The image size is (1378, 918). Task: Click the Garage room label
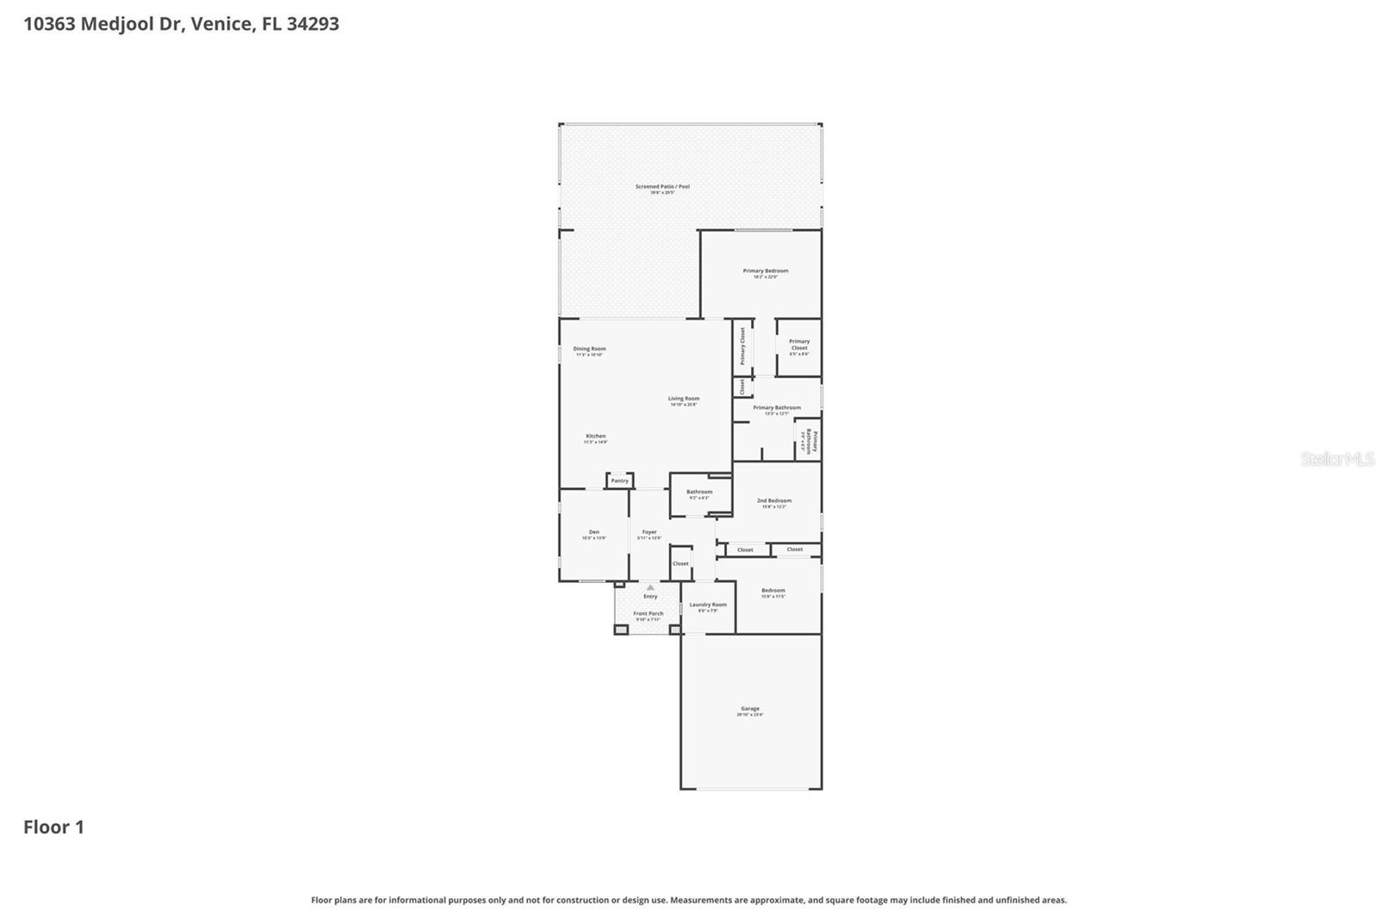pyautogui.click(x=749, y=709)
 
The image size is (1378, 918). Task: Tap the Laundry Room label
pyautogui.click(x=708, y=605)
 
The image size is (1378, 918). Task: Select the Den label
pyautogui.click(x=594, y=532)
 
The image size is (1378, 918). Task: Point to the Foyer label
pyautogui.click(x=649, y=532)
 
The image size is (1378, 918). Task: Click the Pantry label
pyautogui.click(x=620, y=481)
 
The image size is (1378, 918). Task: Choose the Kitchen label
pyautogui.click(x=596, y=437)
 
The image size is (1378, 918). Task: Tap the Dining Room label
pyautogui.click(x=590, y=349)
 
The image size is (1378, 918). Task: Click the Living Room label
pyautogui.click(x=684, y=399)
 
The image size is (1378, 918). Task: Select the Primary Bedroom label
pyautogui.click(x=766, y=270)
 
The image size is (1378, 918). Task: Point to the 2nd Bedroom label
pyautogui.click(x=774, y=500)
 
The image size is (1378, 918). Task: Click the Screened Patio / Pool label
pyautogui.click(x=662, y=186)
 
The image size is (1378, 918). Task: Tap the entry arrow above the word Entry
pyautogui.click(x=650, y=587)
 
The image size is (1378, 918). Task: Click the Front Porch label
pyautogui.click(x=649, y=613)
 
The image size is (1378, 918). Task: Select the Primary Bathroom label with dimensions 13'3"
pyautogui.click(x=777, y=407)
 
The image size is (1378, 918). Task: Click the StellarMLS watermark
pyautogui.click(x=1337, y=460)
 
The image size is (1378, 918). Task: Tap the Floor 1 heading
pyautogui.click(x=53, y=828)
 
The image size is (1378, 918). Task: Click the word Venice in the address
pyautogui.click(x=222, y=24)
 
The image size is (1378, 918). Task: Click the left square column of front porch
pyautogui.click(x=621, y=630)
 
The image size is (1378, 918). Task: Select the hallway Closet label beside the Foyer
pyautogui.click(x=680, y=563)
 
